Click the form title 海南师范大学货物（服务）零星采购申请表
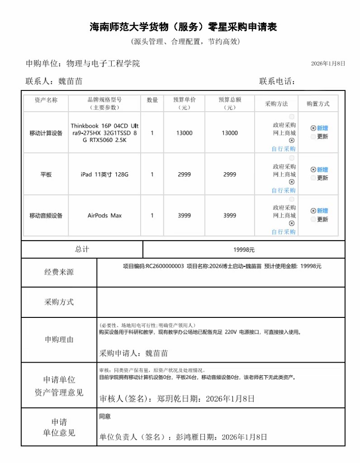point(183,27)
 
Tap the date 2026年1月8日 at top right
point(328,64)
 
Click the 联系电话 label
point(277,81)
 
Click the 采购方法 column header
point(276,104)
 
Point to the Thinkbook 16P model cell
point(104,133)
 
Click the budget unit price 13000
point(184,133)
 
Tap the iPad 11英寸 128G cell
point(104,175)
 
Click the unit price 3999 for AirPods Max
point(184,216)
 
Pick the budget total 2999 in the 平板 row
point(230,175)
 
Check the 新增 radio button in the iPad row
point(313,170)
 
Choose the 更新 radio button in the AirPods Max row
point(313,219)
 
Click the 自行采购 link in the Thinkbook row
point(284,149)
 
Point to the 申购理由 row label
point(59,340)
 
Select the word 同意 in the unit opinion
point(105,416)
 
